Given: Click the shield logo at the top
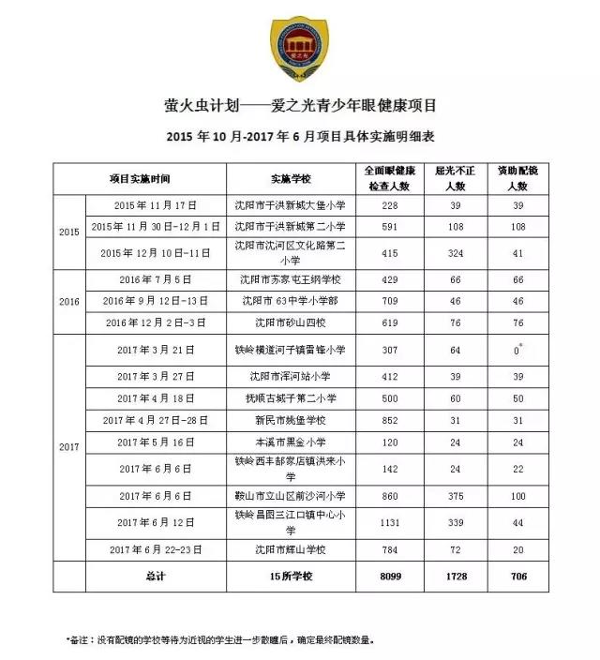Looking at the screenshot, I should pyautogui.click(x=299, y=50).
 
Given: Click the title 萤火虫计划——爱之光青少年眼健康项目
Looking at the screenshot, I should pyautogui.click(x=300, y=106).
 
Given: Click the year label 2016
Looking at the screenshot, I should pyautogui.click(x=69, y=301).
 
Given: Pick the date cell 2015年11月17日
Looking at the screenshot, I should pyautogui.click(x=158, y=204).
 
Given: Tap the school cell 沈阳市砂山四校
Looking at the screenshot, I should pyautogui.click(x=290, y=322).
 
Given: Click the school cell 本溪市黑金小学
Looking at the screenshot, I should pyautogui.click(x=290, y=442).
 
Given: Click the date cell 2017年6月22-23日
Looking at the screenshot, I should pyautogui.click(x=158, y=548).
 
